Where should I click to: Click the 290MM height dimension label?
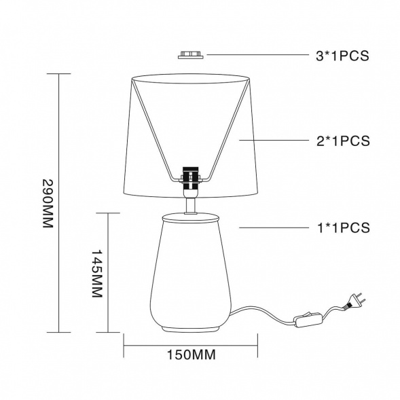tap(48, 203)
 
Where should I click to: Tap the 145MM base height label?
tap(97, 273)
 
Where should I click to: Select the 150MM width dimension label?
tap(191, 354)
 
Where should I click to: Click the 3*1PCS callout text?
tap(342, 56)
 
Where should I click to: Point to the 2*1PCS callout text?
tap(343, 141)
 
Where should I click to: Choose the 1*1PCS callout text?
tap(343, 228)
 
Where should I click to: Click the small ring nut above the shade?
tap(191, 55)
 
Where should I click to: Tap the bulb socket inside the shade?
tap(191, 179)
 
